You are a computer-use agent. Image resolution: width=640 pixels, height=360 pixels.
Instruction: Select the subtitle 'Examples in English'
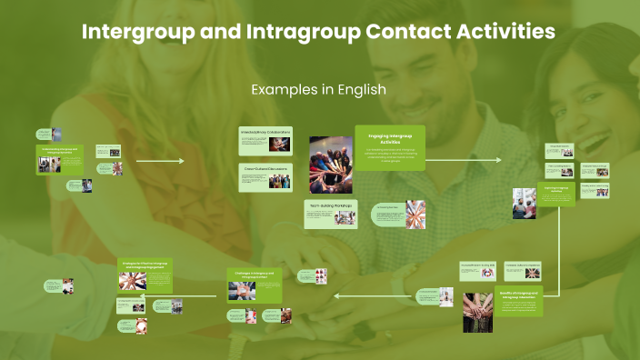coord(319,90)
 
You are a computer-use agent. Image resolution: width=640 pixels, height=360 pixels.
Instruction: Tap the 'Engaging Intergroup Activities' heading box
coord(389,147)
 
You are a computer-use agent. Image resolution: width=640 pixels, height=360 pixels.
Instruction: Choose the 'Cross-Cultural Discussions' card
coord(266,178)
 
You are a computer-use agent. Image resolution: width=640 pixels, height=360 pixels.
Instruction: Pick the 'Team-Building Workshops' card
coord(331,214)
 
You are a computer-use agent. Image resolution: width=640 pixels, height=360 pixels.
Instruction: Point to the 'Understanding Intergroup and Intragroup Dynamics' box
coord(60,160)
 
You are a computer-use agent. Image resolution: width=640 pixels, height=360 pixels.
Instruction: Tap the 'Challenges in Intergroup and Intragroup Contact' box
coord(255,285)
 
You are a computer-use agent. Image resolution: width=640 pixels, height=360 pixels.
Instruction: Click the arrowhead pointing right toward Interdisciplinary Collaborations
coord(181,161)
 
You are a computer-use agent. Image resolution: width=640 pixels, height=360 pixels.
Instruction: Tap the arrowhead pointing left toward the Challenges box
coord(338,295)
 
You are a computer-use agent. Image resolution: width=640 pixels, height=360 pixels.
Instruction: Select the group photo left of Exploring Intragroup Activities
coord(525,204)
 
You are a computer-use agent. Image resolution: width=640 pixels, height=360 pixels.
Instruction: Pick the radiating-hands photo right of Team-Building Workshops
coord(415,215)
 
